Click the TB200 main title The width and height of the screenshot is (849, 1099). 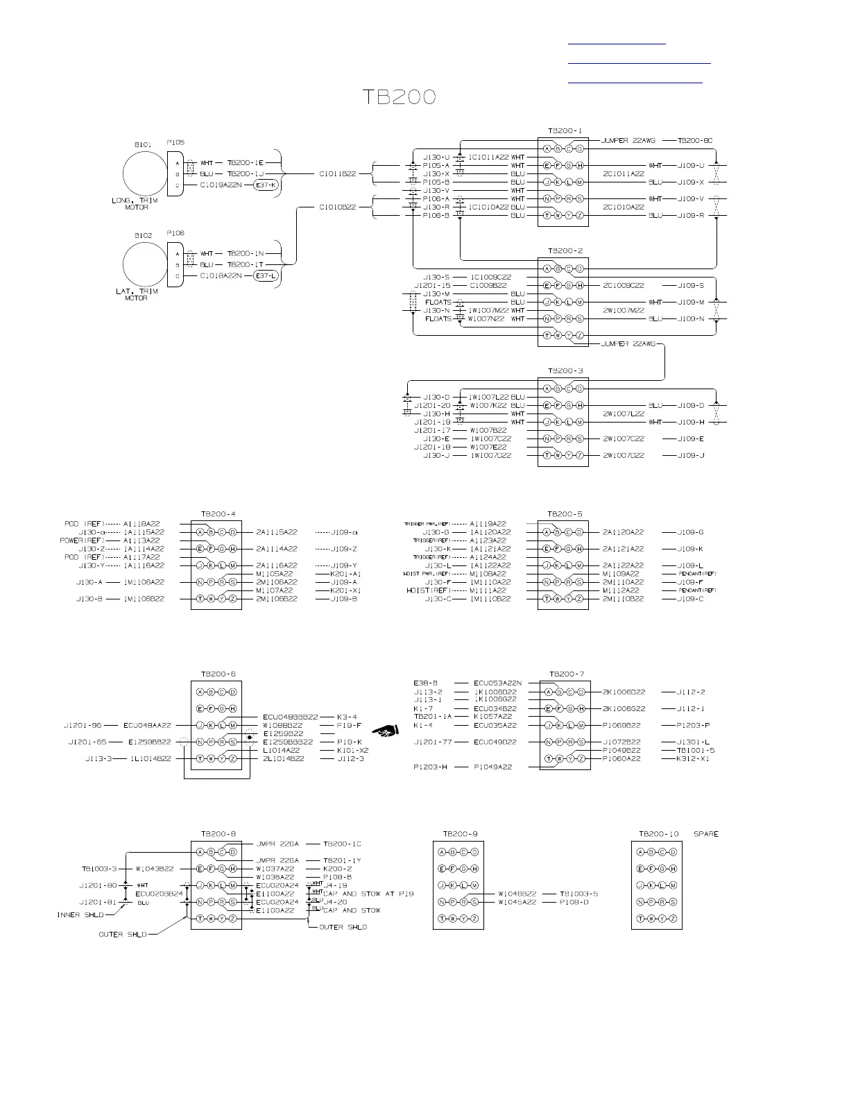401,97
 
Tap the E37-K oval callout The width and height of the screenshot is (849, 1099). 266,185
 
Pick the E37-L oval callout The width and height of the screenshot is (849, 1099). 266,276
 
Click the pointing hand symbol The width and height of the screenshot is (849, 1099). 385,730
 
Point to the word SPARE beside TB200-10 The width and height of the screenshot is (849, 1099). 706,833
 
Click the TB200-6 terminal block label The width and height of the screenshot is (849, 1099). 218,674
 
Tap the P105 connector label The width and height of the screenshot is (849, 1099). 175,142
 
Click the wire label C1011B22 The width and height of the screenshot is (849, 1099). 337,173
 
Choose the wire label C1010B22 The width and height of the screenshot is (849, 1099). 337,207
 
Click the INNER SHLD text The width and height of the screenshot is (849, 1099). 80,915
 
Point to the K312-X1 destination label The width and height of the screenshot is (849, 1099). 694,758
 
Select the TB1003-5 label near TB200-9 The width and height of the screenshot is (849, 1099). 579,894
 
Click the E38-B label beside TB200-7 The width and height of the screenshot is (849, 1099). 425,683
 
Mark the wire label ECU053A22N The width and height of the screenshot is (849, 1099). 497,683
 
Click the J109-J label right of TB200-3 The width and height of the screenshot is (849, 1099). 691,455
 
